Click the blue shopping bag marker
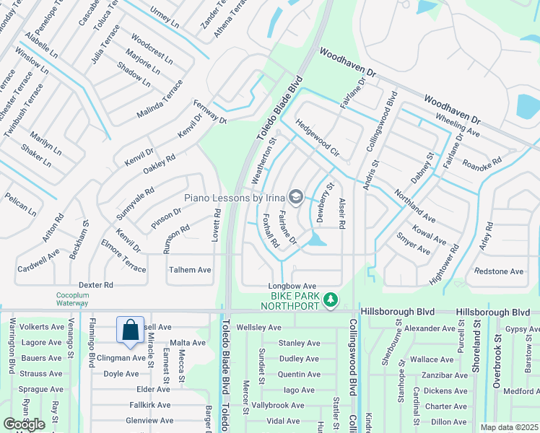click(130, 330)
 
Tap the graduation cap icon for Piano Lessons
click(295, 196)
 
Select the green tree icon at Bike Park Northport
click(330, 299)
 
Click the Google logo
click(24, 424)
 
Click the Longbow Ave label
click(293, 286)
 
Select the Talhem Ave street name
click(189, 270)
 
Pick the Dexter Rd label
click(96, 285)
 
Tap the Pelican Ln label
click(20, 204)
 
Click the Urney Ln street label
click(164, 17)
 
